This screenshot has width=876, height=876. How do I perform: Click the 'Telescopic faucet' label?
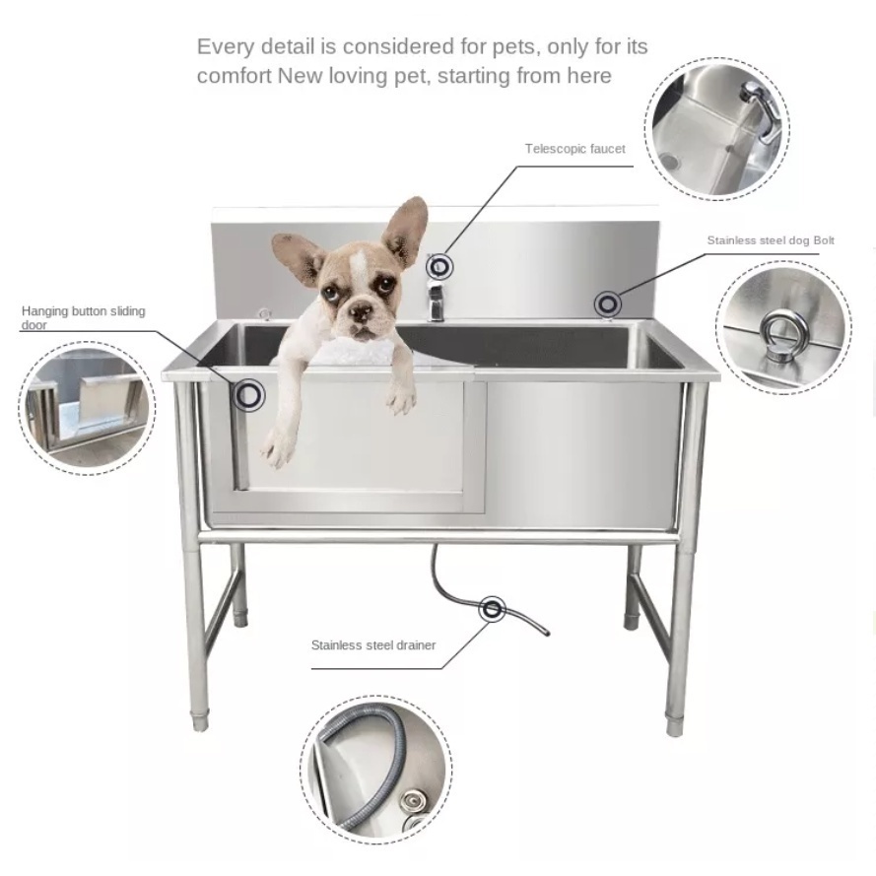point(574,149)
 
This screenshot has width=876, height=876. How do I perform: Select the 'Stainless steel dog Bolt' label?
point(771,240)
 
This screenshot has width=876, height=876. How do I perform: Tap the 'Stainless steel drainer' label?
point(373,646)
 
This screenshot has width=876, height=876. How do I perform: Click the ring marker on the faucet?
point(438,265)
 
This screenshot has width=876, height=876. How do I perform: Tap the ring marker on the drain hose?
point(492,609)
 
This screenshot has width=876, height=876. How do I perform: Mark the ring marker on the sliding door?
point(250,395)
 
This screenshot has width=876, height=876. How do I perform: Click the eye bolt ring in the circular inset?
point(782,329)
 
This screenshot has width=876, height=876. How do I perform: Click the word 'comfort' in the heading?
point(234,76)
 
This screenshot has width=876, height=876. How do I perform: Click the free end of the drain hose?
point(546,633)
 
